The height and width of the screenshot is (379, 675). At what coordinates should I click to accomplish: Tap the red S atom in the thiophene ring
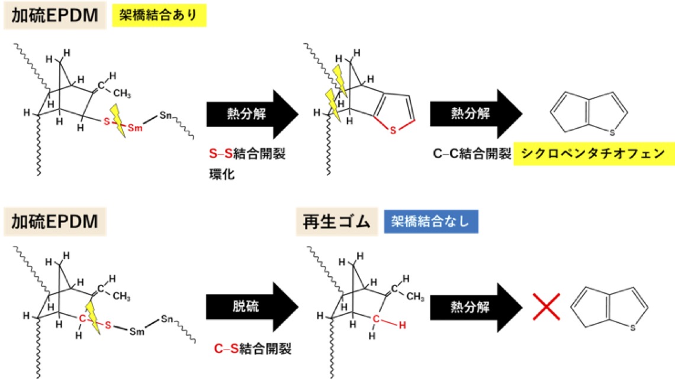pyautogui.click(x=393, y=131)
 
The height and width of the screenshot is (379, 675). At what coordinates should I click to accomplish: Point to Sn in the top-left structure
pyautogui.click(x=165, y=115)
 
